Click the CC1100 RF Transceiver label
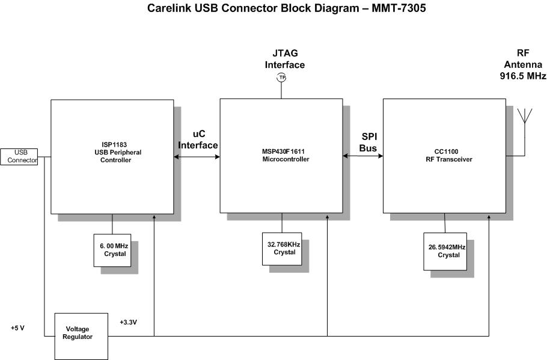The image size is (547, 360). (x=444, y=156)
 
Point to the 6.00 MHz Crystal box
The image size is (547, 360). (x=112, y=250)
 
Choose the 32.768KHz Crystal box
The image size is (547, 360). (x=281, y=248)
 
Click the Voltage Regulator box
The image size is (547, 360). (x=81, y=333)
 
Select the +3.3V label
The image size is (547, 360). (x=129, y=322)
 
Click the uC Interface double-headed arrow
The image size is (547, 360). (x=197, y=157)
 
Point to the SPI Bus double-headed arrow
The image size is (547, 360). (x=362, y=156)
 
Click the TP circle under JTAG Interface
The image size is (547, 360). (x=281, y=78)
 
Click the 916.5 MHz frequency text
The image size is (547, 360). (x=522, y=76)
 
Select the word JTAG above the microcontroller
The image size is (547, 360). (x=286, y=53)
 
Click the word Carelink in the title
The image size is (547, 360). (x=171, y=10)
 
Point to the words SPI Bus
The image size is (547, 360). (x=368, y=142)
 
